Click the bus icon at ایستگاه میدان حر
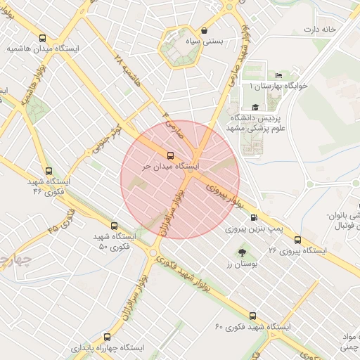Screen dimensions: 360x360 169,155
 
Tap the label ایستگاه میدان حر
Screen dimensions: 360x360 170,167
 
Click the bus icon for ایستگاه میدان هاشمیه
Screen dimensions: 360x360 44,39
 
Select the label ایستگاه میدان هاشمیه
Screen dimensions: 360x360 42,50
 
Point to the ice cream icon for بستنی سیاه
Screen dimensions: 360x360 204,30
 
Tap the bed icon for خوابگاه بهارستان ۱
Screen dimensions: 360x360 279,75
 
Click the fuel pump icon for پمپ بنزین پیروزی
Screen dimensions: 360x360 253,218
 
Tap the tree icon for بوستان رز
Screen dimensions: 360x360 243,251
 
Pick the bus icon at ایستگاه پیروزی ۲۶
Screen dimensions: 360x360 297,239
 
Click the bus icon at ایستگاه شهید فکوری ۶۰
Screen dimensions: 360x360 253,316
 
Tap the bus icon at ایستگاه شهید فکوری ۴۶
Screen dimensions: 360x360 48,170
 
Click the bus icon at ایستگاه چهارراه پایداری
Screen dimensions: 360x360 107,337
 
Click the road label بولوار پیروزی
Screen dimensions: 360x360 229,195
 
